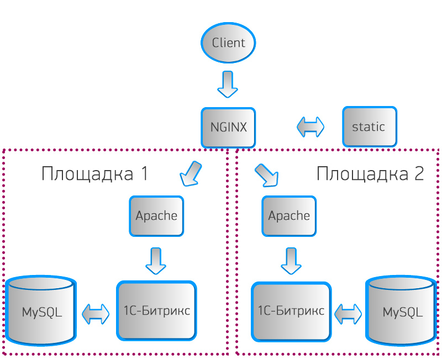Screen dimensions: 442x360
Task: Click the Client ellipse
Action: click(228, 43)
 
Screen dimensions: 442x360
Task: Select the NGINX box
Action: click(228, 128)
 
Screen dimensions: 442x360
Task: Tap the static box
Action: click(370, 127)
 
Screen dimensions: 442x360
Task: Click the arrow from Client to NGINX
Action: click(228, 84)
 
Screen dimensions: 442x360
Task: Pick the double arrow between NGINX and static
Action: click(311, 127)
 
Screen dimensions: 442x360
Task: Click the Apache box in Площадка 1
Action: click(156, 216)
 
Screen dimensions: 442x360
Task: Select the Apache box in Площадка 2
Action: click(289, 216)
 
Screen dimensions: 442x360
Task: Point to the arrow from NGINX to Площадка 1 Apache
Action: click(191, 173)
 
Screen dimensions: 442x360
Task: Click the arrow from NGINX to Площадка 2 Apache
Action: click(267, 175)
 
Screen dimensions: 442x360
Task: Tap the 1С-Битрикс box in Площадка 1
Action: click(156, 311)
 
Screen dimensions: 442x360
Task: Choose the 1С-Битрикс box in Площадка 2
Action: click(291, 311)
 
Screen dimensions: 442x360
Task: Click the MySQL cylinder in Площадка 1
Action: click(41, 311)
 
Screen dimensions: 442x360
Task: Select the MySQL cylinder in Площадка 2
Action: click(402, 311)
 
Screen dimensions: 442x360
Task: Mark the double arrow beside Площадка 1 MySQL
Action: click(96, 314)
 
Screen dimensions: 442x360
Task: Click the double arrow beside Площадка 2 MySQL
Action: click(348, 314)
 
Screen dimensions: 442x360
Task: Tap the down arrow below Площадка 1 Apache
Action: click(156, 261)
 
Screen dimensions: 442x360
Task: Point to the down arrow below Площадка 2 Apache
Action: click(291, 261)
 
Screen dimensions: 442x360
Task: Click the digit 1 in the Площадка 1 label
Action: click(144, 173)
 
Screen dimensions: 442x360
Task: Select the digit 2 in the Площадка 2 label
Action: click(419, 173)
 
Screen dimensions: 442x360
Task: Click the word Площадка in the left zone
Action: click(87, 174)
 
